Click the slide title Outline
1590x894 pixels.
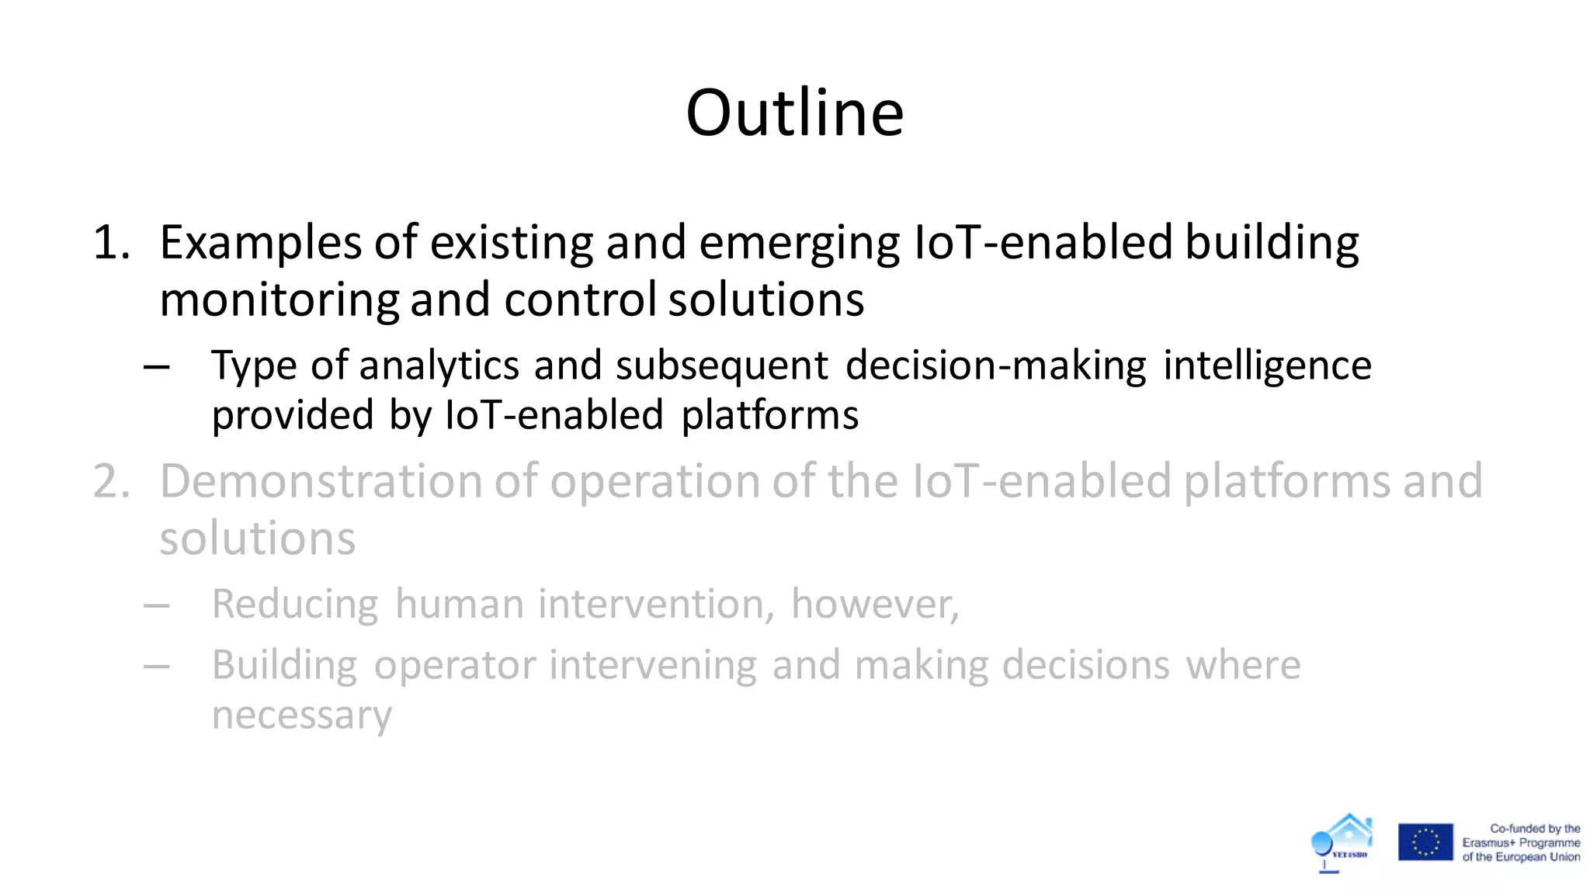795,113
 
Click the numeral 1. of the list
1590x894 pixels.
111,243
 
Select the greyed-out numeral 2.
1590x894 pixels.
111,482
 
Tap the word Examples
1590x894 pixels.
260,243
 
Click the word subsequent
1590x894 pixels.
722,366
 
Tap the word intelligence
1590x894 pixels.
1267,366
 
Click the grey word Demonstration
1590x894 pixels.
321,482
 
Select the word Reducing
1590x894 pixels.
295,605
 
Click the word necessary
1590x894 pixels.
302,716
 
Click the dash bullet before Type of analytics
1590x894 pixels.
157,366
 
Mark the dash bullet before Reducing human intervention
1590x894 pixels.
157,605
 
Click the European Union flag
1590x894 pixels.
1425,842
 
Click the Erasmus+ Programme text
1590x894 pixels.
1520,843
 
